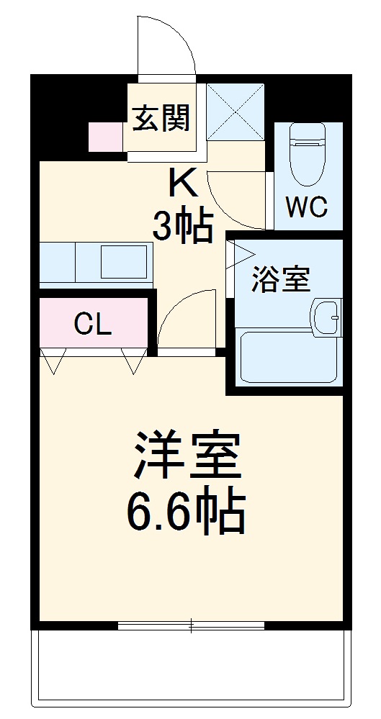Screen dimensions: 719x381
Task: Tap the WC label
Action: (x=307, y=207)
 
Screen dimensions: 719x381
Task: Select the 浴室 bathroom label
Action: (x=281, y=281)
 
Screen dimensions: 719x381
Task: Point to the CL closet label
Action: (x=94, y=325)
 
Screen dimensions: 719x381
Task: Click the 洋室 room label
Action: (x=186, y=456)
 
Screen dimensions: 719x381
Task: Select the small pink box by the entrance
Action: (x=106, y=137)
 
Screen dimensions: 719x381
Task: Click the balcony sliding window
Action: (x=192, y=625)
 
